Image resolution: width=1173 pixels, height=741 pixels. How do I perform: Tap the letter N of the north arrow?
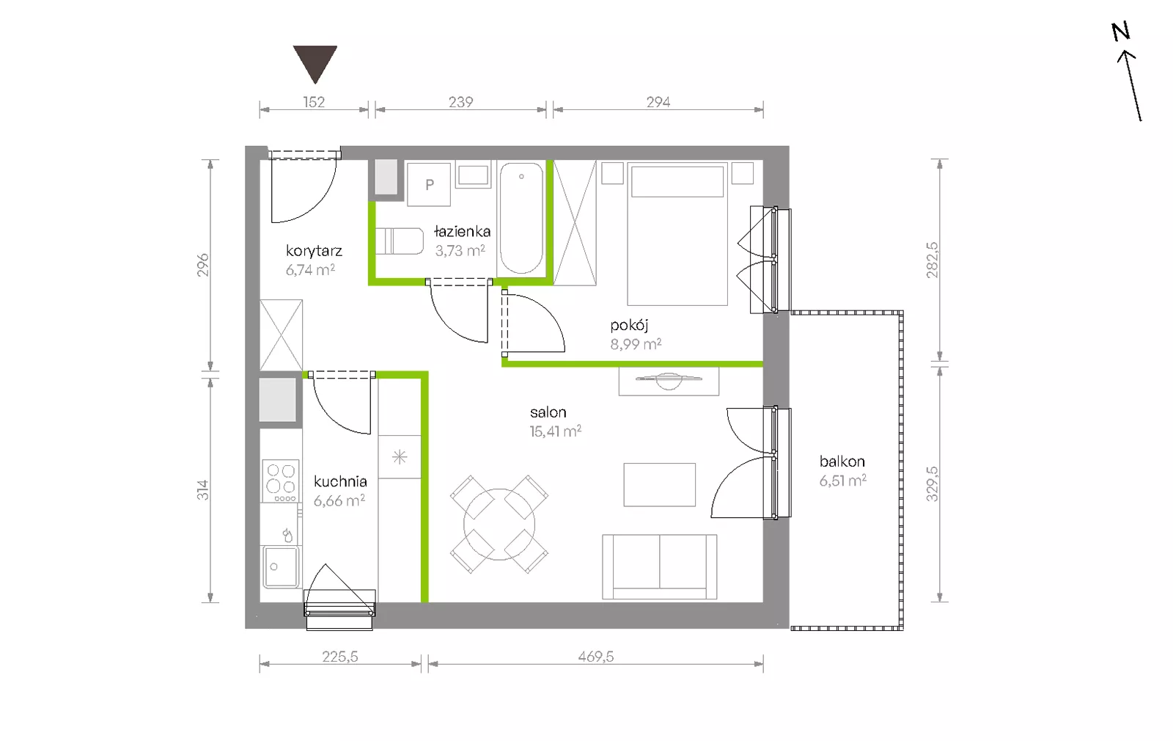pyautogui.click(x=1121, y=32)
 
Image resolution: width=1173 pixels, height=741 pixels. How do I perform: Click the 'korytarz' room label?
pyautogui.click(x=315, y=251)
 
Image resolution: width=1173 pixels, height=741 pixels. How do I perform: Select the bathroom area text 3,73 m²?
pyautogui.click(x=460, y=251)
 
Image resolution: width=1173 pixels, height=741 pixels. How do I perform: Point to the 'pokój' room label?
pyautogui.click(x=629, y=326)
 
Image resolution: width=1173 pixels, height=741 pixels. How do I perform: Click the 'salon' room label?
pyautogui.click(x=548, y=412)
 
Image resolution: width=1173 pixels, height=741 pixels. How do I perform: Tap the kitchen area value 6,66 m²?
pyautogui.click(x=339, y=501)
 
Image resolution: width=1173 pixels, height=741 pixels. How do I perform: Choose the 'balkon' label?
pyautogui.click(x=842, y=461)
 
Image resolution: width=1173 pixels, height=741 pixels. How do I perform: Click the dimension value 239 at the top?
pyautogui.click(x=461, y=102)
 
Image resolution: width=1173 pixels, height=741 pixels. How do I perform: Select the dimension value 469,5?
pyautogui.click(x=596, y=657)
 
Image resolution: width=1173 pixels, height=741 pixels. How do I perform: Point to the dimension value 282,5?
pyautogui.click(x=932, y=260)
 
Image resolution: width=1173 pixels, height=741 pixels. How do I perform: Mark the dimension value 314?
pyautogui.click(x=202, y=490)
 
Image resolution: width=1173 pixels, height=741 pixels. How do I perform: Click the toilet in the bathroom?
pyautogui.click(x=399, y=241)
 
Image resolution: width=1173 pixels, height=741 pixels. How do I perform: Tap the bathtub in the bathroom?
pyautogui.click(x=521, y=218)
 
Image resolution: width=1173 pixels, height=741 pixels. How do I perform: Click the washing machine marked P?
pyautogui.click(x=429, y=184)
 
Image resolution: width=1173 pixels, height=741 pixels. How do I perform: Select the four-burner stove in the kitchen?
pyautogui.click(x=281, y=481)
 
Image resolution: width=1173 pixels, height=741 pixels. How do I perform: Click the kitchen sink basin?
pyautogui.click(x=282, y=566)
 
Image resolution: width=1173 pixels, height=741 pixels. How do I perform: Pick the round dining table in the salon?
pyautogui.click(x=499, y=524)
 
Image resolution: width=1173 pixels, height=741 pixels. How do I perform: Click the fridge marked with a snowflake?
pyautogui.click(x=400, y=457)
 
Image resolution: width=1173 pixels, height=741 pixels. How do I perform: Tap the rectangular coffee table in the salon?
pyautogui.click(x=659, y=485)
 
